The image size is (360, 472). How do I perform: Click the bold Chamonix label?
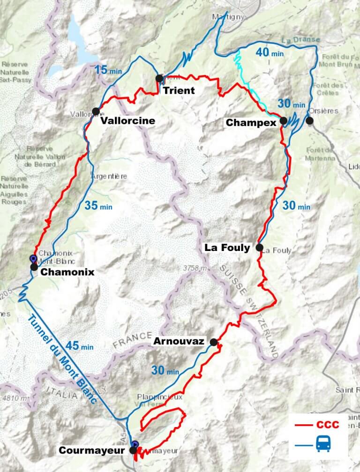click(67, 272)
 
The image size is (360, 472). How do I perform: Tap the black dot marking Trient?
click(159, 78)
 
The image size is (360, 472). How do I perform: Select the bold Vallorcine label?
click(127, 121)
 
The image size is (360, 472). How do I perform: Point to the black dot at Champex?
click(284, 121)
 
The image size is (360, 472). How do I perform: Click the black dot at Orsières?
click(309, 121)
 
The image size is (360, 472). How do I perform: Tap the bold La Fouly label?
click(227, 248)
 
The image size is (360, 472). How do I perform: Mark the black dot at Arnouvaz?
click(214, 342)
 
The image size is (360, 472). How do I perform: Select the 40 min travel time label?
click(270, 52)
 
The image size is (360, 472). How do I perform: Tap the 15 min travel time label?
click(108, 71)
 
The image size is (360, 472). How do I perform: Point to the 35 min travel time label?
click(99, 205)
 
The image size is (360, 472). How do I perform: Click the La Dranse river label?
click(301, 40)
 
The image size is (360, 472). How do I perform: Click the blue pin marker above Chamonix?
click(33, 258)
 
